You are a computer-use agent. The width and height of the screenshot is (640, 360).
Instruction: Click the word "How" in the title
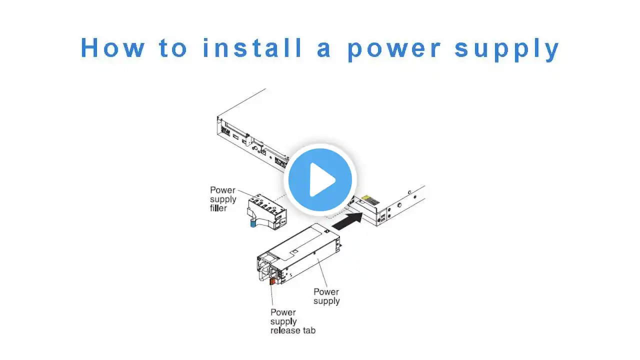pyautogui.click(x=113, y=47)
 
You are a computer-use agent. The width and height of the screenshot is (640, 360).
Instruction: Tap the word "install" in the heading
pyautogui.click(x=252, y=47)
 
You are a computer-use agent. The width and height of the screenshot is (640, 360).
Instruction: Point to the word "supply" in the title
pyautogui.click(x=506, y=49)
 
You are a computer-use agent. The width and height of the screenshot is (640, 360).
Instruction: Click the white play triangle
pyautogui.click(x=321, y=179)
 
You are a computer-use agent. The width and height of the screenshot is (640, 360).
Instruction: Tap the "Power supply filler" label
pyautogui.click(x=223, y=199)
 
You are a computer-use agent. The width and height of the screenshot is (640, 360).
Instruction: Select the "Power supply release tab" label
pyautogui.click(x=293, y=321)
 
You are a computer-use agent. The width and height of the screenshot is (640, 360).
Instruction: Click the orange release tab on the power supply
pyautogui.click(x=272, y=281)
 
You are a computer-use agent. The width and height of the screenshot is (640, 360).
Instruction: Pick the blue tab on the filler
pyautogui.click(x=253, y=223)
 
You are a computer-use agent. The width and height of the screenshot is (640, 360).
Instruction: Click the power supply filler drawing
pyautogui.click(x=266, y=211)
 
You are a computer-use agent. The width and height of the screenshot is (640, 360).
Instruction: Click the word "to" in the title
pyautogui.click(x=173, y=47)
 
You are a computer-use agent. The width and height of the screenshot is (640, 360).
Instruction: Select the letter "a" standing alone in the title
pyautogui.click(x=323, y=49)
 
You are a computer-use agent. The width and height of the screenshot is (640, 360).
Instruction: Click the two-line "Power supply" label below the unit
pyautogui.click(x=326, y=296)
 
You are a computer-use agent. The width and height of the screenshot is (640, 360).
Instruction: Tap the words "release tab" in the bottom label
pyautogui.click(x=293, y=330)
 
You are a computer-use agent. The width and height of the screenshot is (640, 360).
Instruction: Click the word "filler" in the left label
pyautogui.click(x=218, y=208)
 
